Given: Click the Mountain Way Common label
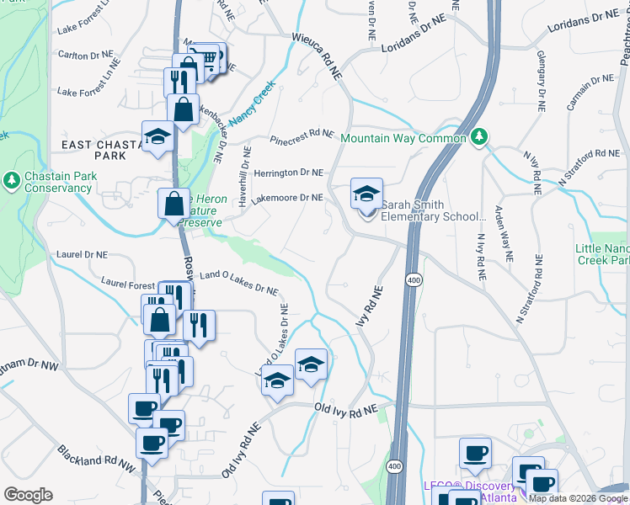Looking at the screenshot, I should coord(403,138).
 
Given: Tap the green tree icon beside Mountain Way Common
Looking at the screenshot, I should coord(479,136).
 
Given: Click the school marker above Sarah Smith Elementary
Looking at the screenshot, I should coord(366,194).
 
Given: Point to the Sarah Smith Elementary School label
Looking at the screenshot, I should coord(434,210).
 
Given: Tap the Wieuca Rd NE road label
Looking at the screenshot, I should coord(318,57).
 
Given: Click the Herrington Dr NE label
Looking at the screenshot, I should coord(288,173).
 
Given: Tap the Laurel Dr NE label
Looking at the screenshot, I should coord(82,253).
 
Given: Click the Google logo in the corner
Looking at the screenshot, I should coord(28,495).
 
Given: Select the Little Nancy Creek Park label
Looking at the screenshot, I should coord(603,254).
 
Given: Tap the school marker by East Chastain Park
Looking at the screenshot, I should coord(157,137).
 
